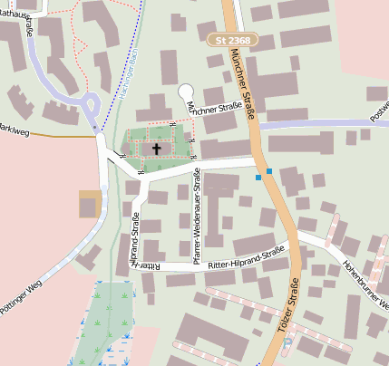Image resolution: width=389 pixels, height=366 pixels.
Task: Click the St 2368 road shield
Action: tap(233, 41)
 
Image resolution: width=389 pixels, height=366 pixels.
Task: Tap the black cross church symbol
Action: tap(157, 148)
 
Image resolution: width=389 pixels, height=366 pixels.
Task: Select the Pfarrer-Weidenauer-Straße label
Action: tap(197, 220)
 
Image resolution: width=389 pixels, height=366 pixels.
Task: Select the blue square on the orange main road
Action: tap(269, 169)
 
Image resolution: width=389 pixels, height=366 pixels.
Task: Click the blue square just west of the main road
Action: tap(258, 178)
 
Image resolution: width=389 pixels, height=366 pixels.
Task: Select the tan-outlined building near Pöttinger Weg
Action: tap(89, 204)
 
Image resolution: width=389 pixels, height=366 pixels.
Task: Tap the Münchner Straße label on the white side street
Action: tap(214, 108)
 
